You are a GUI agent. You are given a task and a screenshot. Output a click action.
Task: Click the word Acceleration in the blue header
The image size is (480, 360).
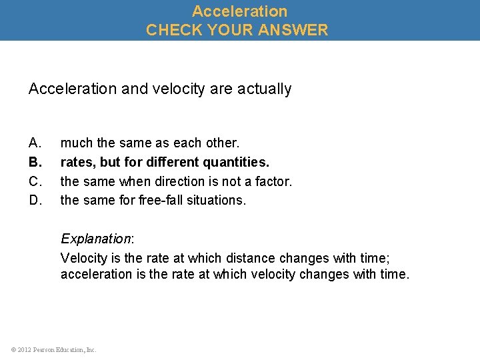pos(240,11)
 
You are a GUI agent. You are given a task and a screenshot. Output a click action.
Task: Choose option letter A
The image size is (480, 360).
pos(35,143)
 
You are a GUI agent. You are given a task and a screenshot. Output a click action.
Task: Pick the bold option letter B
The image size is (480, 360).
pos(35,162)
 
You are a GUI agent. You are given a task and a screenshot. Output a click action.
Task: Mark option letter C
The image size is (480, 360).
pos(35,181)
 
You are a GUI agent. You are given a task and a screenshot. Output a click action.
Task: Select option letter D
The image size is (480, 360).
pos(35,200)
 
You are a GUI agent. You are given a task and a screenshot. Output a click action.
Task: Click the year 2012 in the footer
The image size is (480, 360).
pos(23,349)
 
